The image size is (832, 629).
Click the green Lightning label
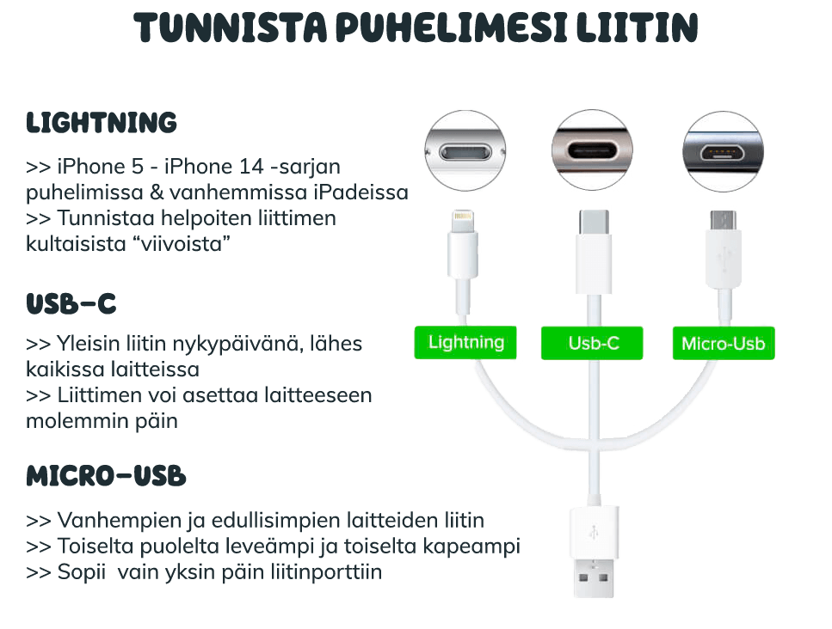point(466,342)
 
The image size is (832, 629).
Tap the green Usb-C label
point(594,344)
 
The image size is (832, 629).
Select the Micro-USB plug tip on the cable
point(722,221)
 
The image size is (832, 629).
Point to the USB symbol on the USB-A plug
point(594,529)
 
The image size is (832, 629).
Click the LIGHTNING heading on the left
point(102,123)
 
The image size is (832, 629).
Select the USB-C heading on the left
point(71,304)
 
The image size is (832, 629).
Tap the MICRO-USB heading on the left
point(106,476)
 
